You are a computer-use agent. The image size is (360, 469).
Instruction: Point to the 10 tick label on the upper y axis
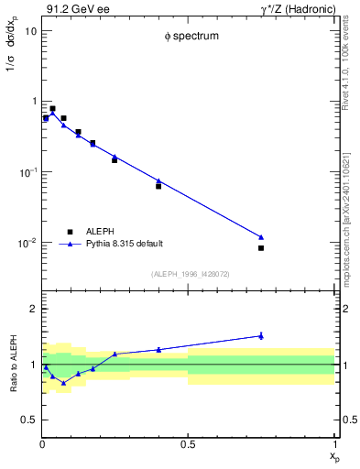point(29,30)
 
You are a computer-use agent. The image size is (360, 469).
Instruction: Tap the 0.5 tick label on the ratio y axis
point(29,420)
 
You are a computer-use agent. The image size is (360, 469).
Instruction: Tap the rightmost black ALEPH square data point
point(261,248)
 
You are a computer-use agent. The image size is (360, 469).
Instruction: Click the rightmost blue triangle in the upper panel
point(261,237)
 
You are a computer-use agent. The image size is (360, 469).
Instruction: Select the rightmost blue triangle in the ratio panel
point(261,336)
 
